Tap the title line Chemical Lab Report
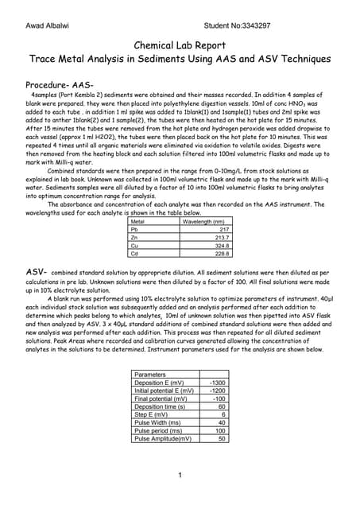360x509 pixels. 180,46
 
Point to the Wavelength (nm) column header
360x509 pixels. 203,221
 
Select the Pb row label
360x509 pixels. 135,229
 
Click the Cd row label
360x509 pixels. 135,254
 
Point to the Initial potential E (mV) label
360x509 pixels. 164,390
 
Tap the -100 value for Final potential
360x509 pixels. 219,398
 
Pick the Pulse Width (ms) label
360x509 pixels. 157,422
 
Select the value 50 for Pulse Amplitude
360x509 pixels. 222,438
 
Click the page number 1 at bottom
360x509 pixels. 180,476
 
